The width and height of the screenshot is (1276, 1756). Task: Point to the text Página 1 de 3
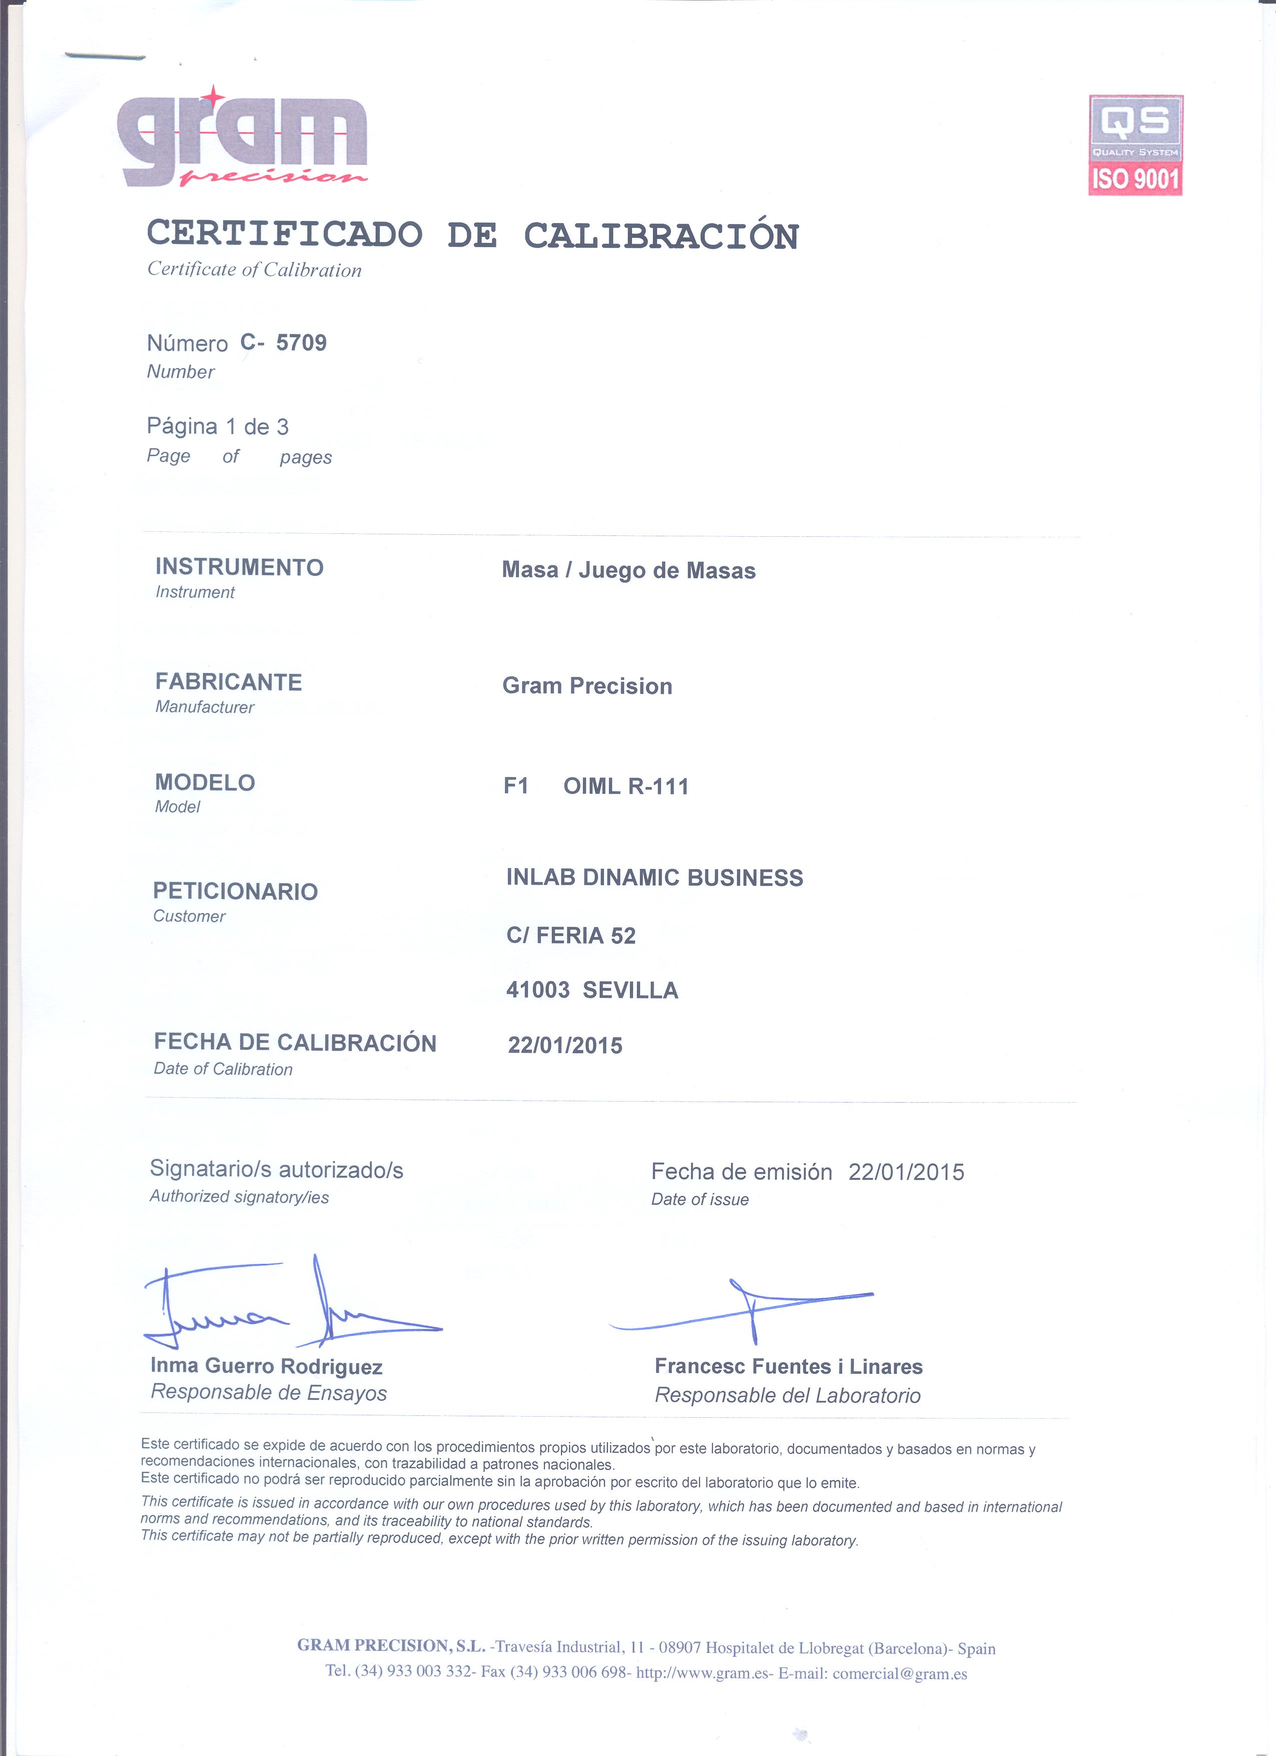218,427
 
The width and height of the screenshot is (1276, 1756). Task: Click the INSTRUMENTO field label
239,567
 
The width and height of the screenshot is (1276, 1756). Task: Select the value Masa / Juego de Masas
628,571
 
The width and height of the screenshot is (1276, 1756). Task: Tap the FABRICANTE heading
228,682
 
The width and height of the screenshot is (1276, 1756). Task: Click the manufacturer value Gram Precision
587,686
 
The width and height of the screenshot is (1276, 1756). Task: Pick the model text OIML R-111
625,786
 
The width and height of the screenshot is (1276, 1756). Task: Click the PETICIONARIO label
235,891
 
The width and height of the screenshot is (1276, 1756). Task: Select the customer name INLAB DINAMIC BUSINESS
654,877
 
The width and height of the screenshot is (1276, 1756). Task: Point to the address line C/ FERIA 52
570,936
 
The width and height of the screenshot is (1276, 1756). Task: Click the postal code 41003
537,990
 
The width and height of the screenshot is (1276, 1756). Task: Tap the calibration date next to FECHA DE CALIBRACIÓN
564,1045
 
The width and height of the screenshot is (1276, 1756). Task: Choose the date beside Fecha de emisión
906,1172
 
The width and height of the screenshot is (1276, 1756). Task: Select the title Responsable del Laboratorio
788,1395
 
